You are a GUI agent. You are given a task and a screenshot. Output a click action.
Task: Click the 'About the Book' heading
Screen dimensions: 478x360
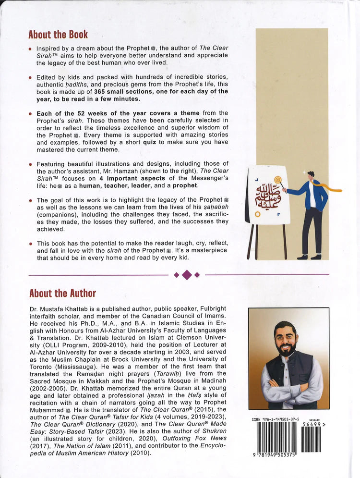click(x=58, y=34)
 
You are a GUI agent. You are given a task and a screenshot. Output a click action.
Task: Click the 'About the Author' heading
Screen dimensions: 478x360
click(x=62, y=293)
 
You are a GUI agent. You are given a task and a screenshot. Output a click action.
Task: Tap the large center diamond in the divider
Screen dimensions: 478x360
click(x=187, y=275)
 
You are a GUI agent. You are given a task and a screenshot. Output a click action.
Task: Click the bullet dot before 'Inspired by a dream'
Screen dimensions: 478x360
click(x=30, y=49)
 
